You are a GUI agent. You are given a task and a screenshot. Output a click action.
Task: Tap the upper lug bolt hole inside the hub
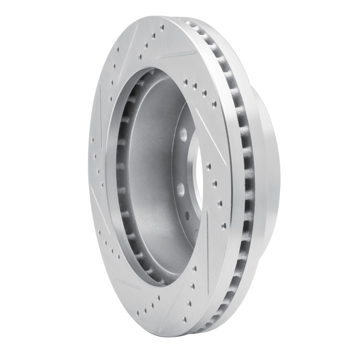(x=184, y=134)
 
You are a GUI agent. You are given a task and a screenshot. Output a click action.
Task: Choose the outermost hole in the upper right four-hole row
(x=214, y=104)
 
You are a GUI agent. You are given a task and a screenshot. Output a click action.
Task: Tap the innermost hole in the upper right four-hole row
(x=185, y=82)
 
